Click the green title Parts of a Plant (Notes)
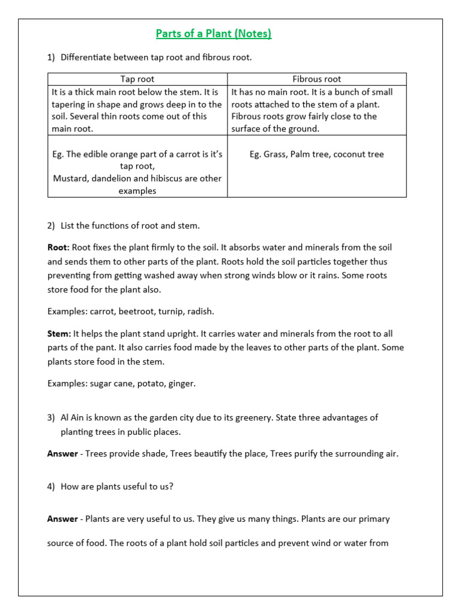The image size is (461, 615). click(214, 34)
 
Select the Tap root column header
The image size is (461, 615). click(137, 79)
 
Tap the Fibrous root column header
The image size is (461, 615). click(316, 79)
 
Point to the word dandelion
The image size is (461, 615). click(115, 178)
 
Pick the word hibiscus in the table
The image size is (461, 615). click(171, 178)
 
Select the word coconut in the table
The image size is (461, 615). click(349, 154)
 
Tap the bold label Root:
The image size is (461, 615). click(59, 247)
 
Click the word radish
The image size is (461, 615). click(200, 311)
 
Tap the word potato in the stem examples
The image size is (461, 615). click(154, 383)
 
